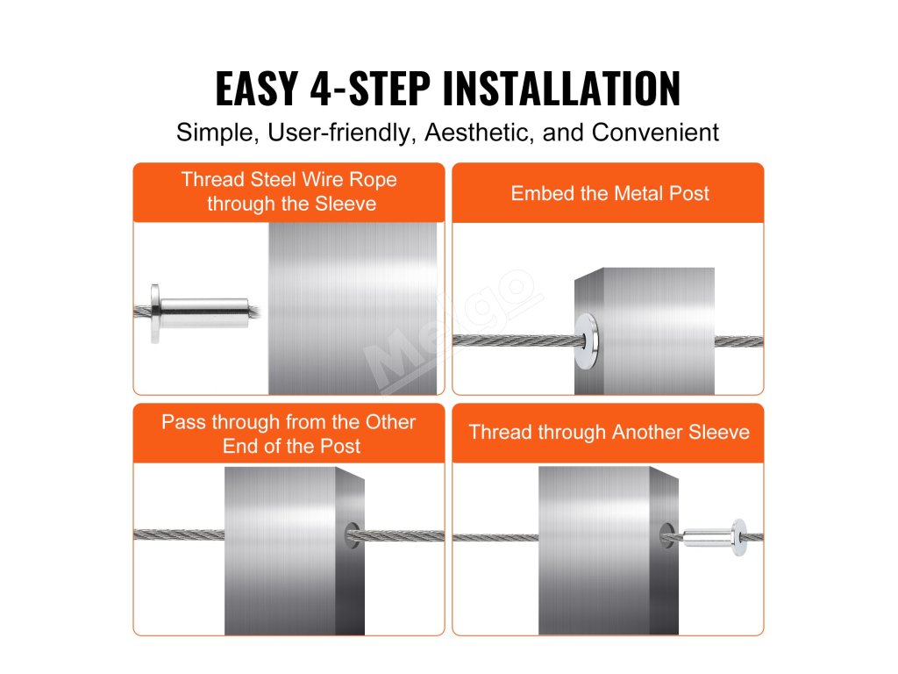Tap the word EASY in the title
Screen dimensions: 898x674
click(x=257, y=89)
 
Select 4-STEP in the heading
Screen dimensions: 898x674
click(x=370, y=89)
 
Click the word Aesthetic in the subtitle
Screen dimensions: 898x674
click(x=480, y=133)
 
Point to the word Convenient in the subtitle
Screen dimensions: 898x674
click(x=655, y=133)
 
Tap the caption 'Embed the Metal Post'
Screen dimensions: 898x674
click(x=610, y=194)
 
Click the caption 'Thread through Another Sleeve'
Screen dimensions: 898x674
click(x=609, y=432)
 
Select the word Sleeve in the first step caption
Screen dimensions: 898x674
click(x=346, y=204)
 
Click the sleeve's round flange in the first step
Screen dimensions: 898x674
click(x=154, y=313)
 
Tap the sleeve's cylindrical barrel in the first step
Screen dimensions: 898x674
click(x=204, y=312)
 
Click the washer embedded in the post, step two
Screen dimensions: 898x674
click(x=587, y=341)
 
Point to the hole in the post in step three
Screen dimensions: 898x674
click(x=353, y=535)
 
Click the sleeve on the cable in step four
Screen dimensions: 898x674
click(x=715, y=538)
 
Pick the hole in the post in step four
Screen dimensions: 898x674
click(x=667, y=535)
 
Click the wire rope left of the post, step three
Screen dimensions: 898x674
click(x=179, y=534)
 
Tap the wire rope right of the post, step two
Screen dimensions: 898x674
click(x=738, y=341)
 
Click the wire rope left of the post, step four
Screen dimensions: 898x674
click(x=495, y=538)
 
